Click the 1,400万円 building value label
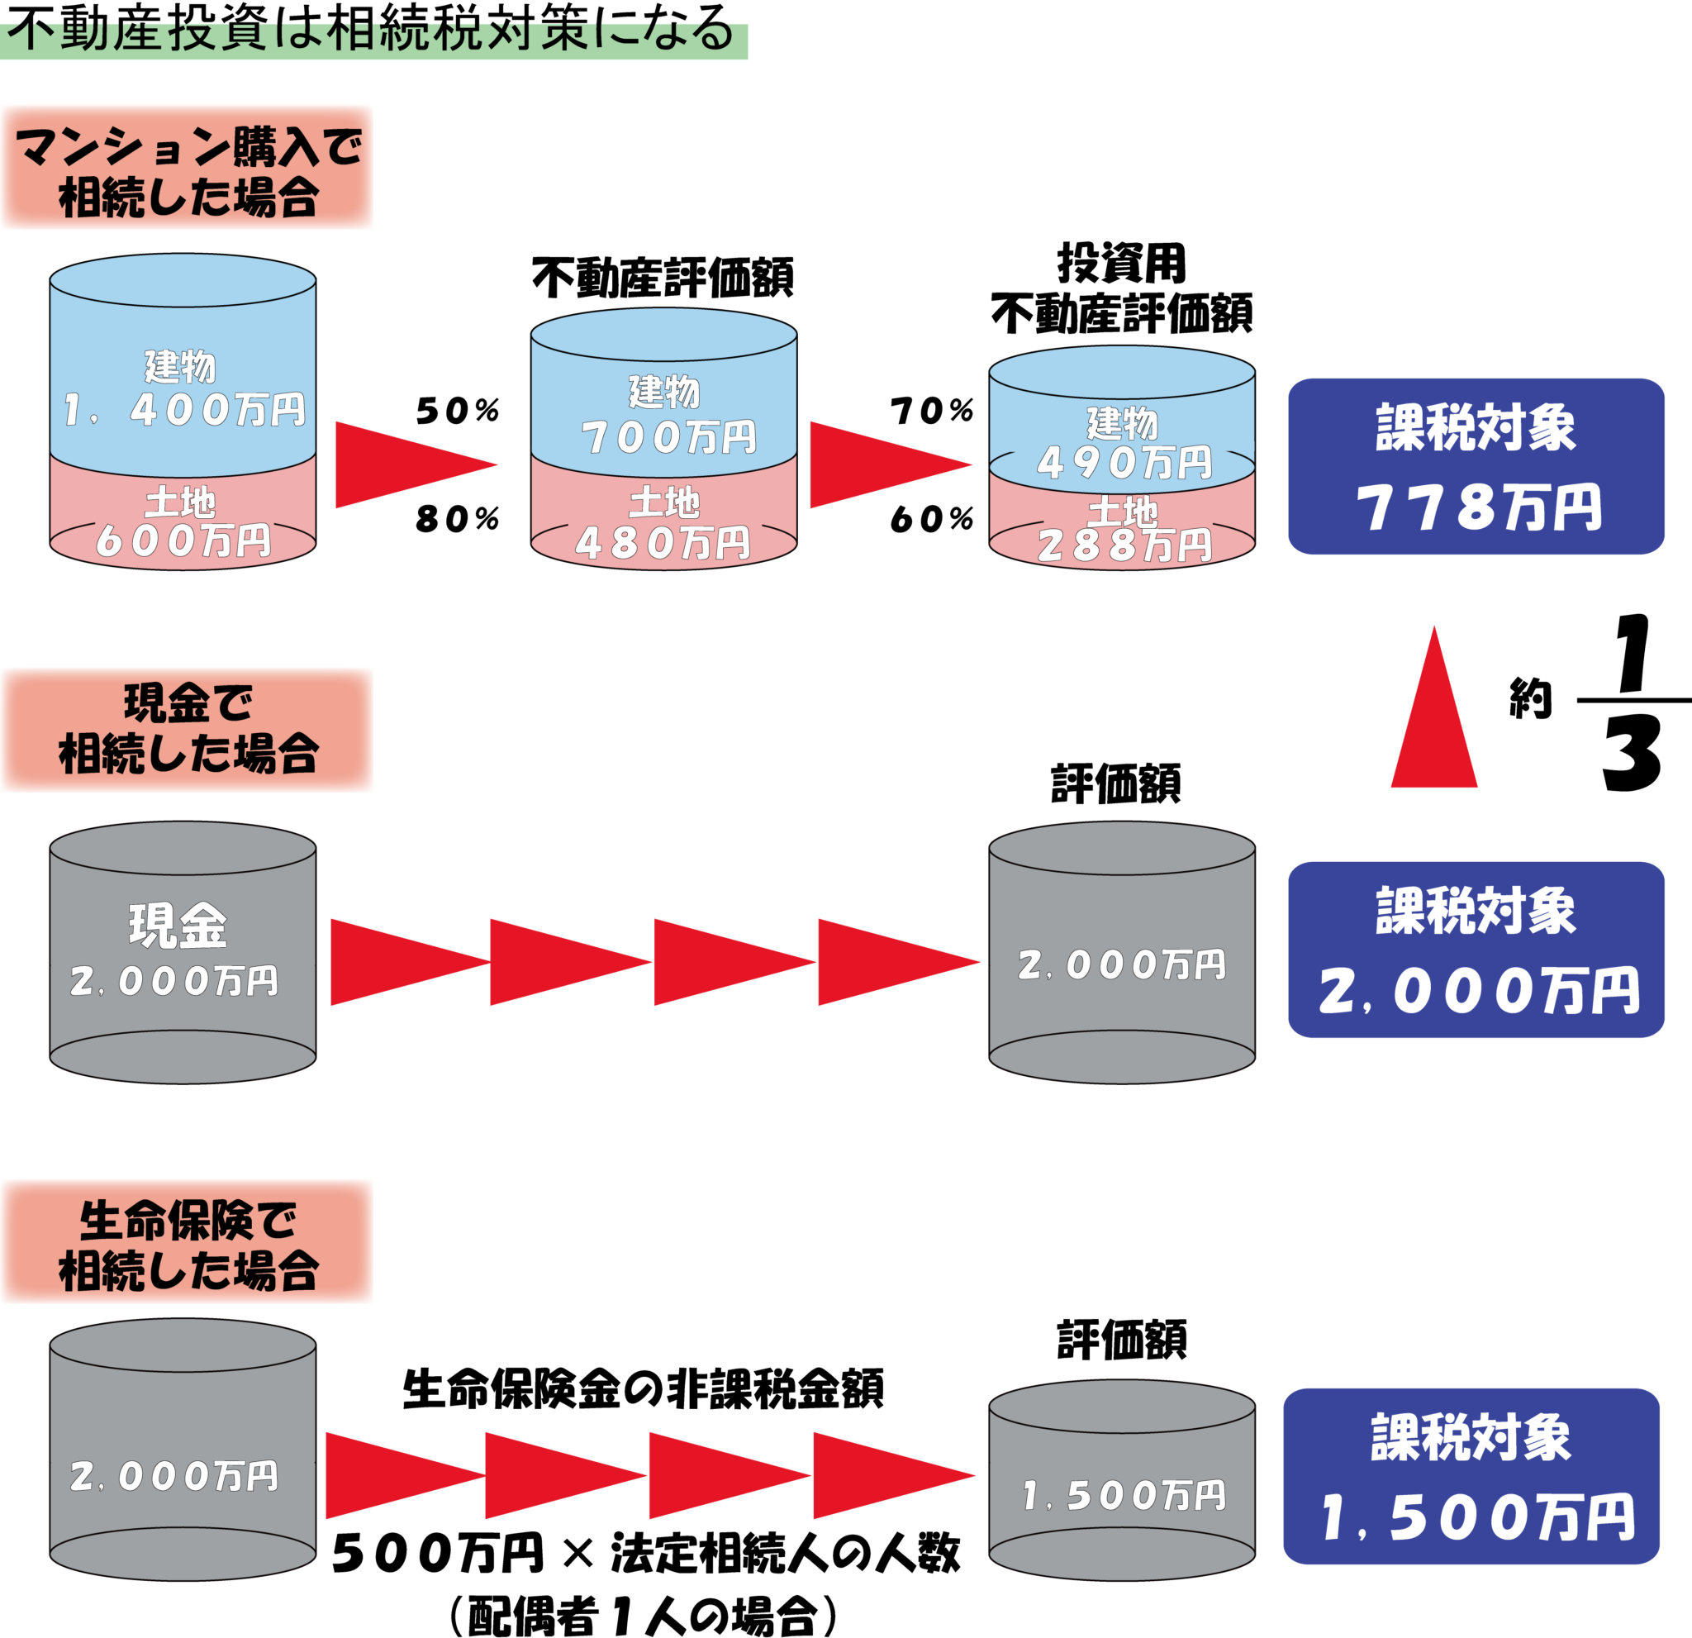coord(184,409)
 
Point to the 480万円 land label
coord(663,543)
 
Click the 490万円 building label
coord(1124,463)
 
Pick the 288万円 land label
coord(1124,545)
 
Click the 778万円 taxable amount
coord(1478,507)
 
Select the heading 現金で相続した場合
coord(188,730)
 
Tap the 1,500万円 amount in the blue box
coord(1478,1518)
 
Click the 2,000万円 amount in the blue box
coord(1478,991)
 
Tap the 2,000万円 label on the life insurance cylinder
coord(174,1477)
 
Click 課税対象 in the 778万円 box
coord(1476,427)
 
